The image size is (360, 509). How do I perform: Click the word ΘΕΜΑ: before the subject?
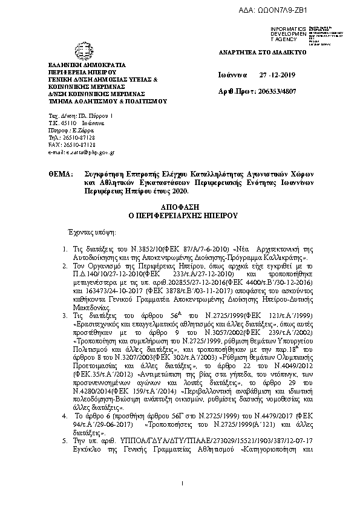click(60, 173)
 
